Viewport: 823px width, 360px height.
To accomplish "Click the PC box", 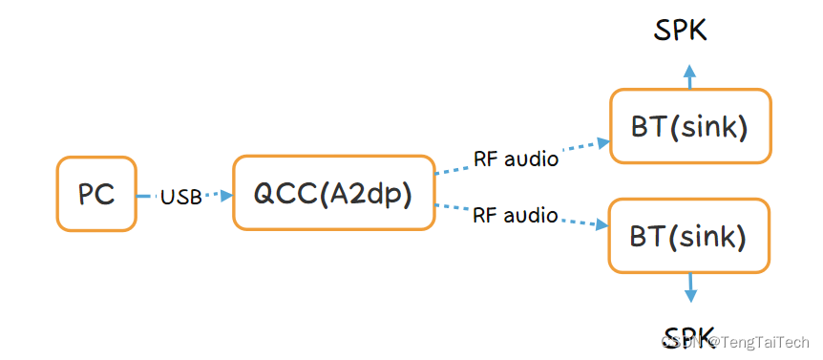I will (95, 195).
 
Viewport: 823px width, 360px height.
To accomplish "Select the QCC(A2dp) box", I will (333, 193).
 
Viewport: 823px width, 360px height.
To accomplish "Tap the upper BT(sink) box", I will (688, 126).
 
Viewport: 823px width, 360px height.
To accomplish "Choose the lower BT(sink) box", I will (688, 235).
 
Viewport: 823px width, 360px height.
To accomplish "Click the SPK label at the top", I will (681, 31).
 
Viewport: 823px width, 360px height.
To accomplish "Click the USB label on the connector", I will (180, 197).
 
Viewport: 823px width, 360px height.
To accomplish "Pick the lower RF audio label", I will (516, 216).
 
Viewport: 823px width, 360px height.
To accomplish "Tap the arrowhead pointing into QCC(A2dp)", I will (227, 195).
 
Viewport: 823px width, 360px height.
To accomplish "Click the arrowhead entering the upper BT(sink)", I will (603, 143).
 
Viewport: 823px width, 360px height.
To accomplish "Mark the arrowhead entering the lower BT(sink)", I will (603, 225).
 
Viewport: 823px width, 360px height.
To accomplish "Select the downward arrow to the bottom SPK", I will (689, 289).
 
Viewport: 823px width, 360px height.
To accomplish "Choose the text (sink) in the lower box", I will (712, 235).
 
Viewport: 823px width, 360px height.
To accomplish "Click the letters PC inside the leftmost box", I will (95, 195).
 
